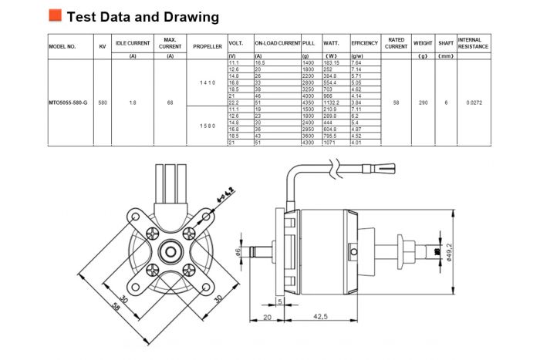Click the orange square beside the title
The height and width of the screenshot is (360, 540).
click(55, 15)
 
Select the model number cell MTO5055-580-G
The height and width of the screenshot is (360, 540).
click(68, 102)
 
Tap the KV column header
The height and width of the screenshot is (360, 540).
click(103, 46)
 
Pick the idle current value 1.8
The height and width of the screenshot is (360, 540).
click(133, 102)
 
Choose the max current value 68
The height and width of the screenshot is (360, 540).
click(170, 102)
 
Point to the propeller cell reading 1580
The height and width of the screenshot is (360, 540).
click(207, 126)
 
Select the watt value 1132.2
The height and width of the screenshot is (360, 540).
click(332, 102)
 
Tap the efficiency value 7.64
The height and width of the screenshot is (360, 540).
click(358, 63)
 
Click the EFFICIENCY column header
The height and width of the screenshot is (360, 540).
click(364, 46)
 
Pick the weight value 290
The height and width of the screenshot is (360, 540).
click(423, 102)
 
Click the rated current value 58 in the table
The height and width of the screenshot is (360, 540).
click(396, 102)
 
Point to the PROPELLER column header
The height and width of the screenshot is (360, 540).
click(207, 46)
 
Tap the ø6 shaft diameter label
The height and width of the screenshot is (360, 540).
click(238, 252)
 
